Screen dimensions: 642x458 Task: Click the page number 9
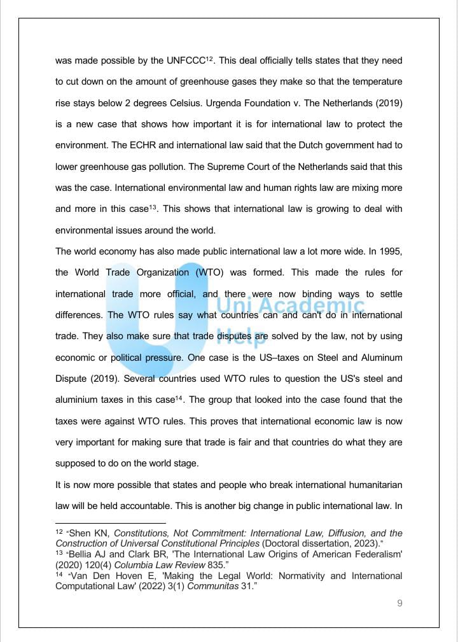pos(399,604)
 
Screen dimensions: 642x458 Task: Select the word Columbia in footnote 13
pos(127,564)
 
